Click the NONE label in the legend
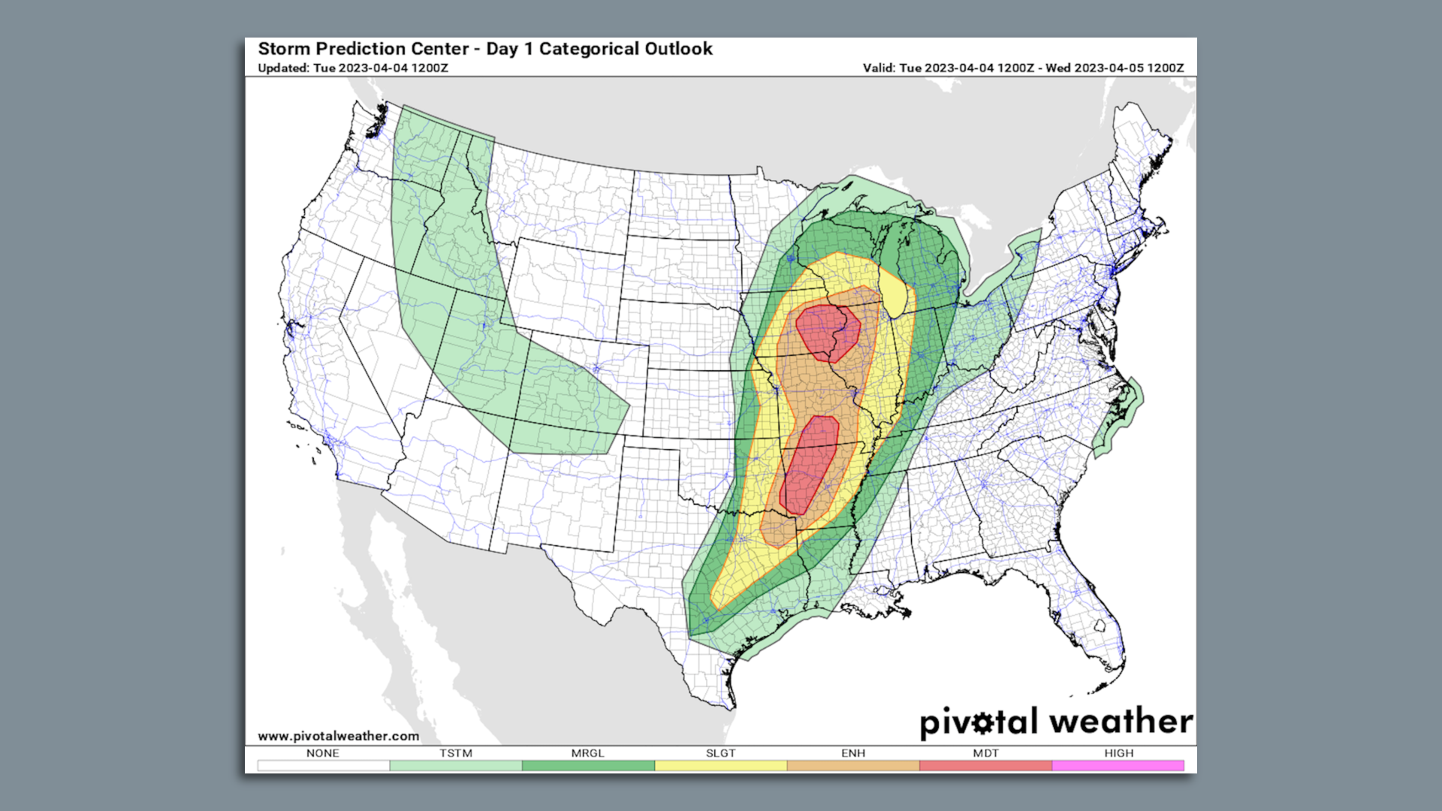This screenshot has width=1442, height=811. pos(322,753)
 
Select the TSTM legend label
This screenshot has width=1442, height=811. pos(456,753)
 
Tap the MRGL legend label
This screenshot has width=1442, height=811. pos(587,753)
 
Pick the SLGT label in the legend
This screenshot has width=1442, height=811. pos(720,753)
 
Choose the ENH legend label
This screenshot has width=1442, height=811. pos(853,753)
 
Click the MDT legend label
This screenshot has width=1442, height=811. pos(985,753)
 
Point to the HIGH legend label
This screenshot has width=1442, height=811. pos(1118,753)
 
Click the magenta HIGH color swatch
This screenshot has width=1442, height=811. pos(1118,765)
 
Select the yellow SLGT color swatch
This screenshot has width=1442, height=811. pos(720,765)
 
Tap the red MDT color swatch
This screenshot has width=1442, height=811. pos(985,765)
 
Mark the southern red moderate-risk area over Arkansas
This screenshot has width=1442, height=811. pos(810,466)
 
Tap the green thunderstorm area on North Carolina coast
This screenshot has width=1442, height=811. pos(1124,421)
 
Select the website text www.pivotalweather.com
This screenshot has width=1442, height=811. pos(338,736)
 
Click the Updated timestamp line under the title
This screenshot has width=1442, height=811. pos(353,68)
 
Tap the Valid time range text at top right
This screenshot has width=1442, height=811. pos(1023,68)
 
